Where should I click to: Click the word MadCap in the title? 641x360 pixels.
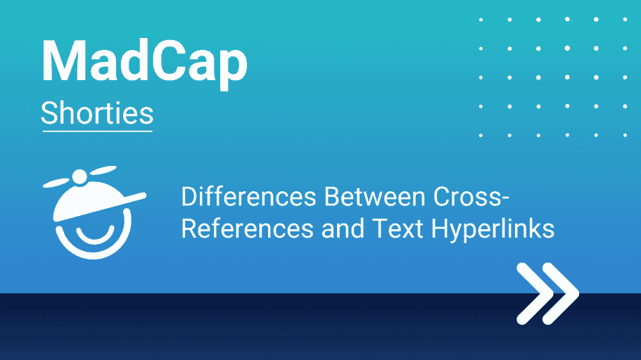tap(144, 61)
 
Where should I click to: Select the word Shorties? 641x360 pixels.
tap(97, 113)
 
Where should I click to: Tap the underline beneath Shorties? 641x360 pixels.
tap(98, 131)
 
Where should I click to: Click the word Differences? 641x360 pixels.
tap(248, 197)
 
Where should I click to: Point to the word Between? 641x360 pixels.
tap(375, 197)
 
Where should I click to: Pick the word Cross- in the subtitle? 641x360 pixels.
tap(471, 197)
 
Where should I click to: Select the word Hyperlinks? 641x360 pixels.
tap(493, 229)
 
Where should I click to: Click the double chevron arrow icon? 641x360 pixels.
tap(548, 293)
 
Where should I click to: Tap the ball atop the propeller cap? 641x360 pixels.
tap(80, 176)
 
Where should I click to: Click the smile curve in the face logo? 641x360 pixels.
tap(95, 236)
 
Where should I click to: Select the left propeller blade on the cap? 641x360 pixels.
tap(57, 183)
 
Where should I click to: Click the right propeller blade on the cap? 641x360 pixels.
tap(102, 170)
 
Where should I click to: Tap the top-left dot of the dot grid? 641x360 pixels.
tap(481, 20)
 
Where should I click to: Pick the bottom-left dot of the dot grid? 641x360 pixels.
tap(481, 135)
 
